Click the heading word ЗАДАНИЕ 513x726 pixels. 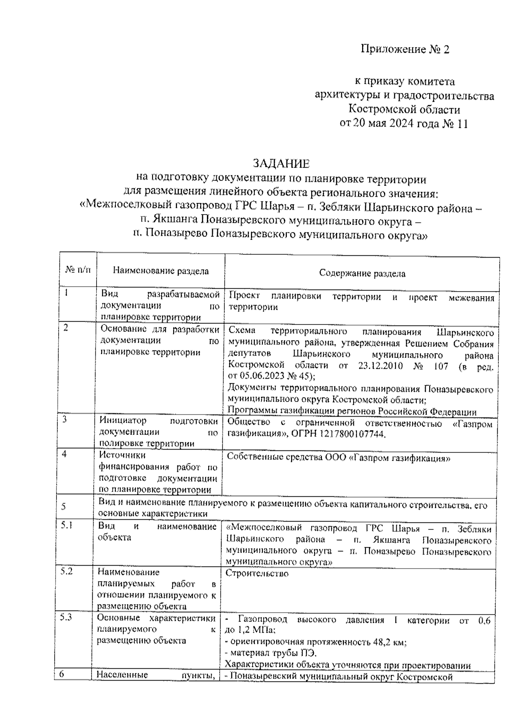(280, 164)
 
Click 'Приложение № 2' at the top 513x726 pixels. (405, 50)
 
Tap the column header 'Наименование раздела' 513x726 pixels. (161, 271)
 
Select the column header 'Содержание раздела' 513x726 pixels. (362, 274)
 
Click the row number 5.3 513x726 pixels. (66, 617)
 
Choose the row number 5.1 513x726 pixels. (66, 525)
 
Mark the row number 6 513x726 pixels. (62, 675)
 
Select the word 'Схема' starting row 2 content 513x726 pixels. (242, 332)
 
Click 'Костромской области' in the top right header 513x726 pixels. (404, 110)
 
